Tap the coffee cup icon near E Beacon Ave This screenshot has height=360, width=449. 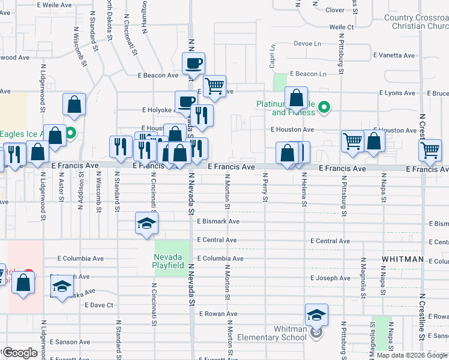[x=194, y=63]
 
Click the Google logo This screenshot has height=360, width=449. [x=20, y=353]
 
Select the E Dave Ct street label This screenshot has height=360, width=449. [x=99, y=305]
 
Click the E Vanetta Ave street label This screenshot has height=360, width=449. [x=393, y=55]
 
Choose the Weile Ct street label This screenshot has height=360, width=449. [x=341, y=27]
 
